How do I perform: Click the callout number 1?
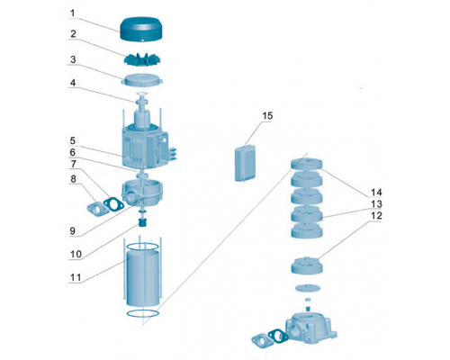tap(72, 13)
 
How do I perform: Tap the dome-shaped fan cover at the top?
tap(141, 29)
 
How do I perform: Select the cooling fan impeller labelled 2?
tap(141, 58)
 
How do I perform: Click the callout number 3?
tap(73, 59)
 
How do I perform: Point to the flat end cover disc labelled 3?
tap(143, 81)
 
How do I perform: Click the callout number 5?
tap(73, 140)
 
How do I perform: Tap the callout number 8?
tap(73, 179)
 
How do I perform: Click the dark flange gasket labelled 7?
tap(113, 204)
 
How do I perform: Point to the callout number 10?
tap(76, 255)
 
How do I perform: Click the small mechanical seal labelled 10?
tap(141, 223)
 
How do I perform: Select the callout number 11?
tap(76, 277)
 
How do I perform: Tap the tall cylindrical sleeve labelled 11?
tap(143, 278)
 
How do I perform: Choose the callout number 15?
tap(267, 116)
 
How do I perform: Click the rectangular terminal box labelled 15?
tap(246, 163)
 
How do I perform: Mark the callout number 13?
tap(376, 204)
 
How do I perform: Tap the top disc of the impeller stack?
tap(307, 164)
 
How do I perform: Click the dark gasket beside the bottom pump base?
tap(278, 336)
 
